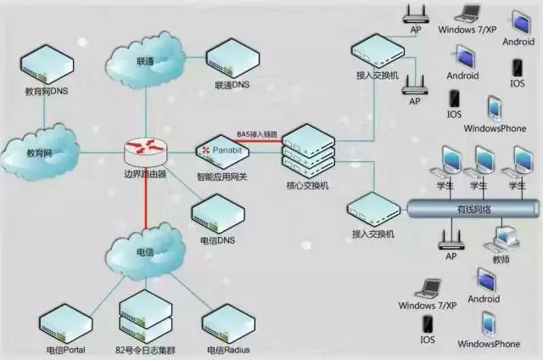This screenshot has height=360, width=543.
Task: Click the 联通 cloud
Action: coord(145,60)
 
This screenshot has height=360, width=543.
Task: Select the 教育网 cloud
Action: coord(40,153)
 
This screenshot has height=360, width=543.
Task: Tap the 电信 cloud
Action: coord(145,251)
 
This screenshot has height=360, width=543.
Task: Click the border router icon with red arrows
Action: coord(145,151)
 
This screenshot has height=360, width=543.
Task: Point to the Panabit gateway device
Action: coord(222,152)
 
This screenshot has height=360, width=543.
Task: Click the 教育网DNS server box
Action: coord(48,65)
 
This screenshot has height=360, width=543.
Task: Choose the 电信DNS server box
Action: coord(218,214)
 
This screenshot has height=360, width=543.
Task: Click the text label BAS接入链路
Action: coord(257,134)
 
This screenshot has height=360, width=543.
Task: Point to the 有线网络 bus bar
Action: coord(473,209)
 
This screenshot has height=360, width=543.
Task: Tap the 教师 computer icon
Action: coord(502,239)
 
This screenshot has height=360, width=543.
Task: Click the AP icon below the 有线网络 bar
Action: coord(451,239)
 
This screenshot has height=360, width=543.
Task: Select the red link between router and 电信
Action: coord(146,200)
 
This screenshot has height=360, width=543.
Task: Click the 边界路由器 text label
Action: coord(145,174)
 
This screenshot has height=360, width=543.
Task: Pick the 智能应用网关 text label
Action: coord(222,177)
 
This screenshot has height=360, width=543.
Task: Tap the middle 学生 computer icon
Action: coord(481,164)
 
